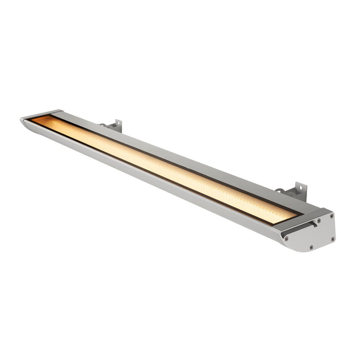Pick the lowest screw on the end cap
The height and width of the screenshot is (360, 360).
click(311, 246)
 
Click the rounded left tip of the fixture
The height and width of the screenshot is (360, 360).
click(25, 122)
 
